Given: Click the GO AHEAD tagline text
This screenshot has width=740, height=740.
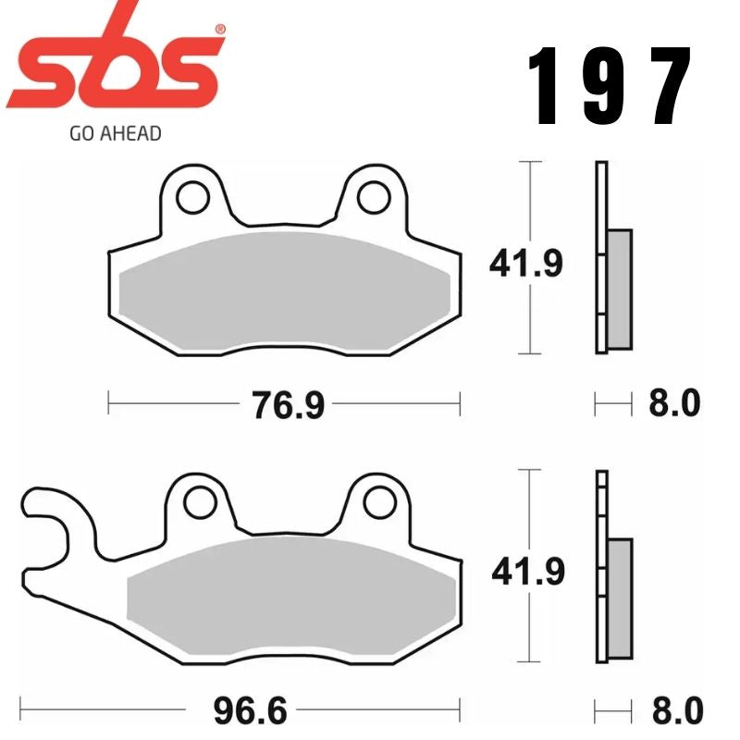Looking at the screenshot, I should tap(115, 133).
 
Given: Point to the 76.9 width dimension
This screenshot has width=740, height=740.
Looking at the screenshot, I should tap(288, 403).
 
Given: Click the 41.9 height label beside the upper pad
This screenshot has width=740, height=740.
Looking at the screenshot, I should tap(526, 265).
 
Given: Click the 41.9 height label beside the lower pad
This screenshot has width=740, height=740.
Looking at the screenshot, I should tap(526, 573).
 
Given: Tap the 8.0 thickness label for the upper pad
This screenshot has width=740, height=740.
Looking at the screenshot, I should tap(673, 403).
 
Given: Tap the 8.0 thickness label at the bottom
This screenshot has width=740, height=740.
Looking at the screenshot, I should tap(673, 712).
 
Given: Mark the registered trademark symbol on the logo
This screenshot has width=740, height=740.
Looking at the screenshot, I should tap(220, 29).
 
